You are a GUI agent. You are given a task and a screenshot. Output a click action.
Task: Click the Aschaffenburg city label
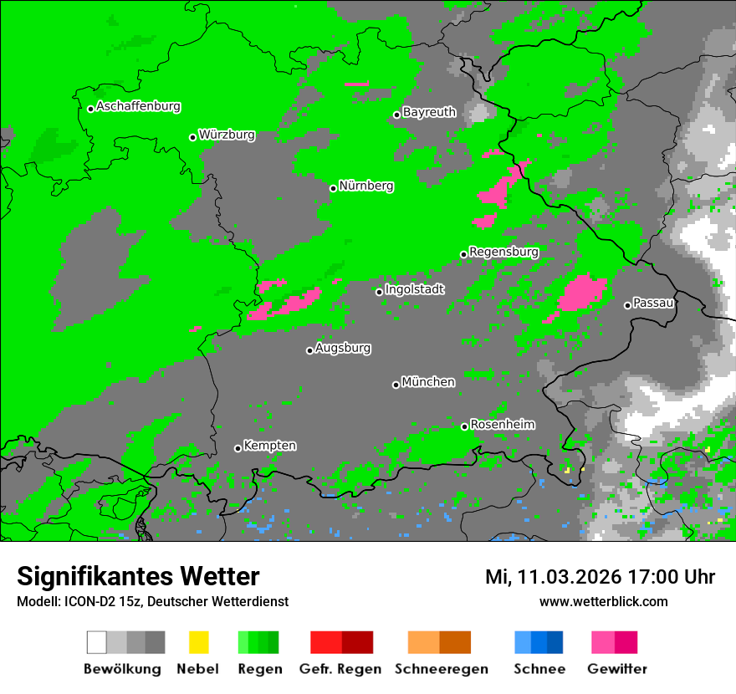coord(138,106)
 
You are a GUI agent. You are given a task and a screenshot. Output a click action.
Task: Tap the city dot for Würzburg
coord(192,137)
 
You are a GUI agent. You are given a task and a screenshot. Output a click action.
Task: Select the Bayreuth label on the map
coord(429,112)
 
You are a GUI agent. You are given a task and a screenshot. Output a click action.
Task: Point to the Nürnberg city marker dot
coord(333,188)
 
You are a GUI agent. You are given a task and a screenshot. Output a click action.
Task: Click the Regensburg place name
coord(503,252)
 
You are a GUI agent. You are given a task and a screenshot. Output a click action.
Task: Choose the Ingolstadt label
coord(415,289)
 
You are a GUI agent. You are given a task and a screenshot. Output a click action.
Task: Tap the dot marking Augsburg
coord(309,350)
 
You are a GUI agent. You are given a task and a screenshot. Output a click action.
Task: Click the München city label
coord(428,382)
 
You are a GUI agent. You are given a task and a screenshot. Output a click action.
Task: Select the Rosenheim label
coord(503,425)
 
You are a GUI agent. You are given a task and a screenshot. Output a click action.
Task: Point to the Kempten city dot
coord(238,448)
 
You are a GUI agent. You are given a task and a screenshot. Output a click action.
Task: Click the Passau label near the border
coord(654,303)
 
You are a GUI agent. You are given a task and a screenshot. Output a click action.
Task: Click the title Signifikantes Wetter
coord(138,577)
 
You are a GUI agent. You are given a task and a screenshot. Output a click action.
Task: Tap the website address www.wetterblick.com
coord(603,601)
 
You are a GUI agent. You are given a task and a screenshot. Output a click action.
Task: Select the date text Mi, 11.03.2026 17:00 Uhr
coord(600,577)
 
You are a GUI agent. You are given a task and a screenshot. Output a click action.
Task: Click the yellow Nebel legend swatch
coord(198,642)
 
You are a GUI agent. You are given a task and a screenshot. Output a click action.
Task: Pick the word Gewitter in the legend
coord(617,669)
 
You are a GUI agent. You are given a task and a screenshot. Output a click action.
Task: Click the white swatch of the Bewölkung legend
coord(97,642)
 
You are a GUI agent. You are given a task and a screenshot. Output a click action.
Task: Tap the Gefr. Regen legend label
coord(340,669)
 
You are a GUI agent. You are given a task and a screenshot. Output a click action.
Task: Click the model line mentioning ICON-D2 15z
coord(152,601)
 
